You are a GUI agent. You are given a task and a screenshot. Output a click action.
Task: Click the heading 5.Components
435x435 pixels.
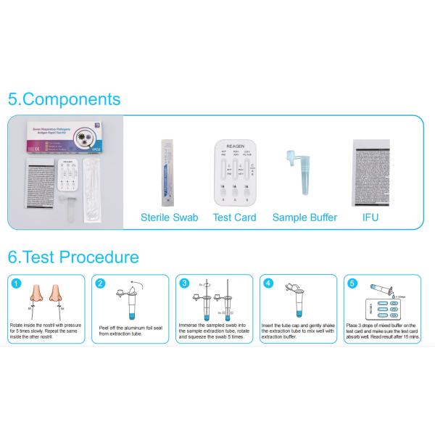(x=64, y=99)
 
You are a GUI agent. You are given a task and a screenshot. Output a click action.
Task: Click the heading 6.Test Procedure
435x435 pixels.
(x=73, y=257)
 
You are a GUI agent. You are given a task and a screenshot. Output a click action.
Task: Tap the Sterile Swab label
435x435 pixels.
(x=169, y=217)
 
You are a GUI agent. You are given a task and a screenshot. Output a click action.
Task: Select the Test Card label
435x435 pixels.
(x=234, y=217)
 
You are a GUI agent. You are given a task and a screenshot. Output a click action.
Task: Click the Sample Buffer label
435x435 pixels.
(x=304, y=217)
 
